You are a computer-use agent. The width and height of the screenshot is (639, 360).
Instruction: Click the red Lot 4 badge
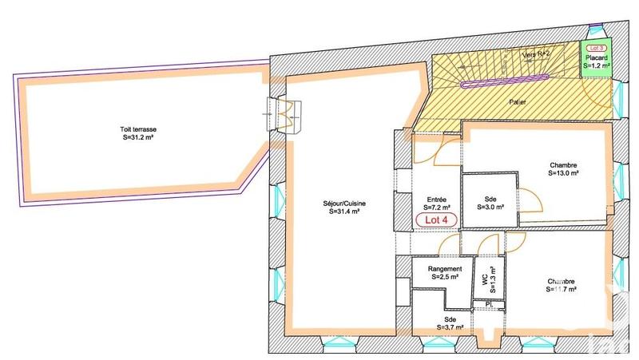point(436,219)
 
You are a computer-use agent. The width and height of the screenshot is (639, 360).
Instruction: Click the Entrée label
point(436,198)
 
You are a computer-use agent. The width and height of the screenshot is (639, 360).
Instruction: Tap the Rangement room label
point(443,268)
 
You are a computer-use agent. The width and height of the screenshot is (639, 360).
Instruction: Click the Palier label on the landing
point(520,103)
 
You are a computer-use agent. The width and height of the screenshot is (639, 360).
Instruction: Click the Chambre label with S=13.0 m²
point(563,164)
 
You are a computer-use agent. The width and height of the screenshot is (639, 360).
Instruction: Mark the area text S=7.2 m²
point(436,207)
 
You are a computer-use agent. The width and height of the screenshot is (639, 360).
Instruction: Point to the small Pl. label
point(488,304)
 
